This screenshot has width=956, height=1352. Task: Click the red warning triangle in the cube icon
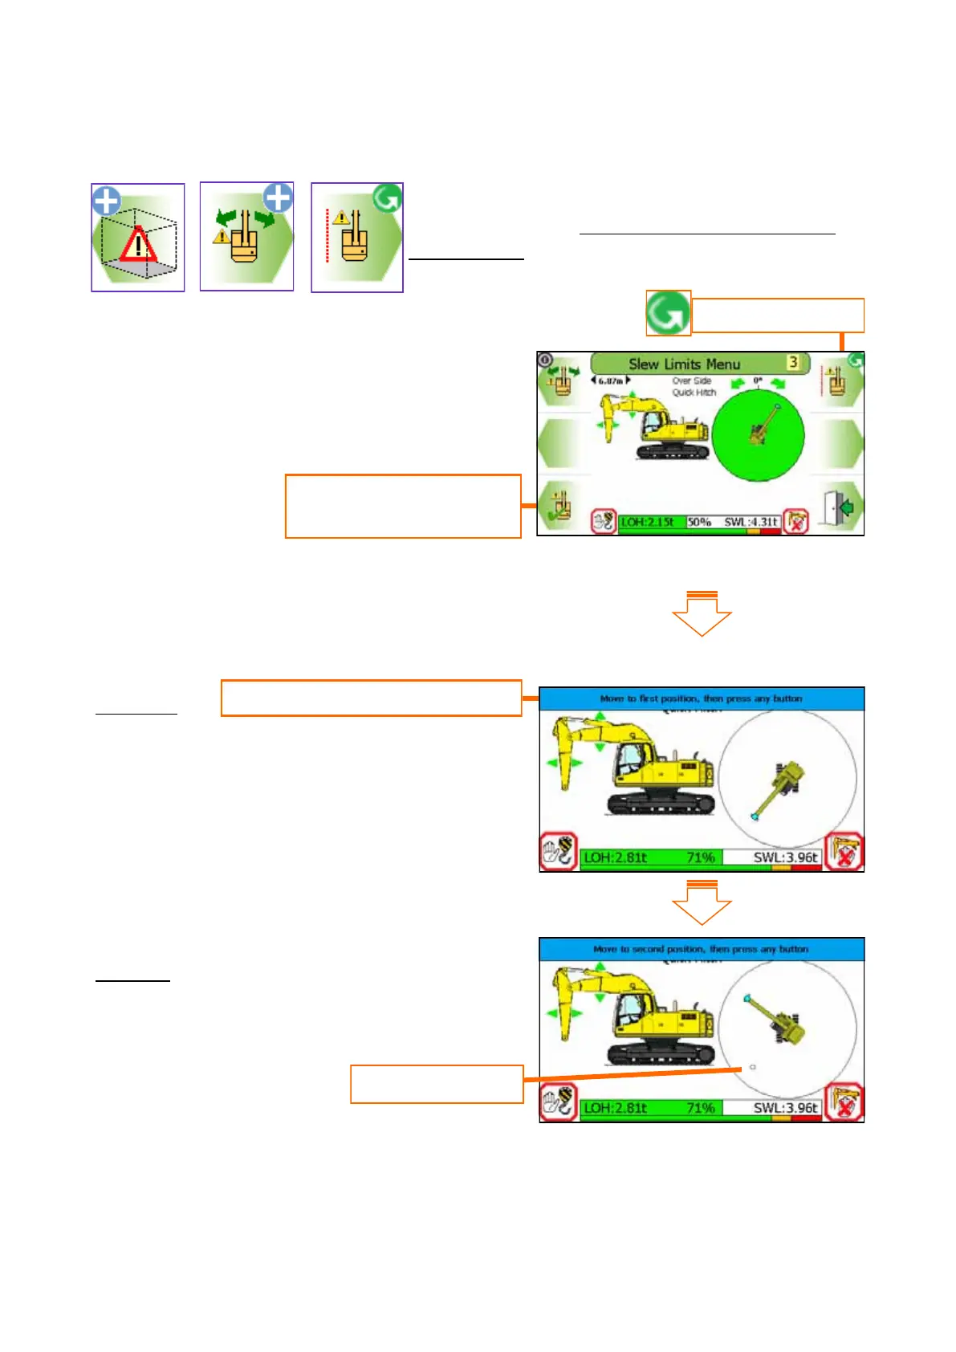tap(138, 245)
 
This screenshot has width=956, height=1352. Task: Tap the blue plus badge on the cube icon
tap(106, 201)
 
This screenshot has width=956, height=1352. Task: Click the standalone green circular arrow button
tap(668, 313)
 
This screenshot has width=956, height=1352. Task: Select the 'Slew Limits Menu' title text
tap(684, 364)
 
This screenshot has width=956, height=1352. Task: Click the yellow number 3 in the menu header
tap(793, 362)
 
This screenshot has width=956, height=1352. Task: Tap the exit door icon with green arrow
tap(839, 507)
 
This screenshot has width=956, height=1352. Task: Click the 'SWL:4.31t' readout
tap(751, 522)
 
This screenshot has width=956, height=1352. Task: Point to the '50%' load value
tap(699, 522)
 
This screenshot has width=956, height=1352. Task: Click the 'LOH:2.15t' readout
tap(648, 522)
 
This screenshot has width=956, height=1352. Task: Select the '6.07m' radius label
tap(611, 381)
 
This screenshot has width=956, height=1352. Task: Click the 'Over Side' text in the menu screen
tap(692, 381)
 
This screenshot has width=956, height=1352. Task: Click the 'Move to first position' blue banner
tap(701, 698)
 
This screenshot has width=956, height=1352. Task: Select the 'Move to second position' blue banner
tap(701, 949)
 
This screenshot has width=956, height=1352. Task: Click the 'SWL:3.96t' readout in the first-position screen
tap(785, 857)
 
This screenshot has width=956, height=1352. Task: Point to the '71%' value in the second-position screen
tap(700, 1108)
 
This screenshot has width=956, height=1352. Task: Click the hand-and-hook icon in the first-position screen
tap(559, 851)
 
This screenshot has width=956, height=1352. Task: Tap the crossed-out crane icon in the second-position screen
tap(844, 1102)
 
